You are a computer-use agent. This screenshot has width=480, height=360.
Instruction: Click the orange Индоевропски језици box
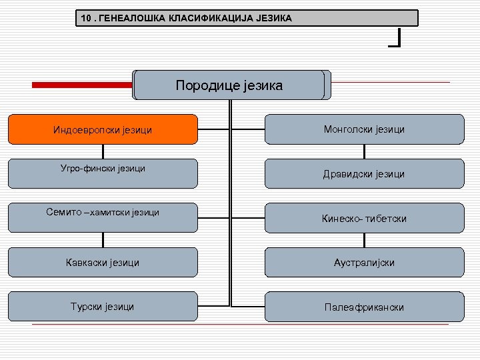pyautogui.click(x=103, y=129)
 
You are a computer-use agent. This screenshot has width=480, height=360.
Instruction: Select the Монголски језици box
pyautogui.click(x=364, y=129)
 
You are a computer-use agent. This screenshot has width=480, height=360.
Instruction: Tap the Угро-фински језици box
pyautogui.click(x=103, y=173)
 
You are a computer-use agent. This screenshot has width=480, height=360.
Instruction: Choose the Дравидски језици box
pyautogui.click(x=364, y=173)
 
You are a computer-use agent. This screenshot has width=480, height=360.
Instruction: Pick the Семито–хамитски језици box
pyautogui.click(x=103, y=217)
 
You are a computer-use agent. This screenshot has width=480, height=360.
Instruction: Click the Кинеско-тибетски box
pyautogui.click(x=364, y=218)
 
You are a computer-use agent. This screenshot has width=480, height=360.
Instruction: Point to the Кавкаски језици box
pyautogui.click(x=103, y=262)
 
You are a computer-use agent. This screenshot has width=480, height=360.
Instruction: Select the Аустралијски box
pyautogui.click(x=364, y=262)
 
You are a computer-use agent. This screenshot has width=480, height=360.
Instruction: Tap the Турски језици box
pyautogui.click(x=103, y=306)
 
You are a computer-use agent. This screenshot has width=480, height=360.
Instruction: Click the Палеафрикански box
pyautogui.click(x=364, y=307)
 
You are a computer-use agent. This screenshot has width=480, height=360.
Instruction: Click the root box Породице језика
pyautogui.click(x=229, y=85)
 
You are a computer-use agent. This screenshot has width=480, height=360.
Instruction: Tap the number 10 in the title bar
pyautogui.click(x=84, y=18)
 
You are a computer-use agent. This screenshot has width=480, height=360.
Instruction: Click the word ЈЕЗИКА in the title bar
pyautogui.click(x=273, y=18)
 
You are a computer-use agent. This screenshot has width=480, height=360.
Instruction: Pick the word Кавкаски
pyautogui.click(x=85, y=262)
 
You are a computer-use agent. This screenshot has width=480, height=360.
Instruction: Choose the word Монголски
pyautogui.click(x=344, y=129)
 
